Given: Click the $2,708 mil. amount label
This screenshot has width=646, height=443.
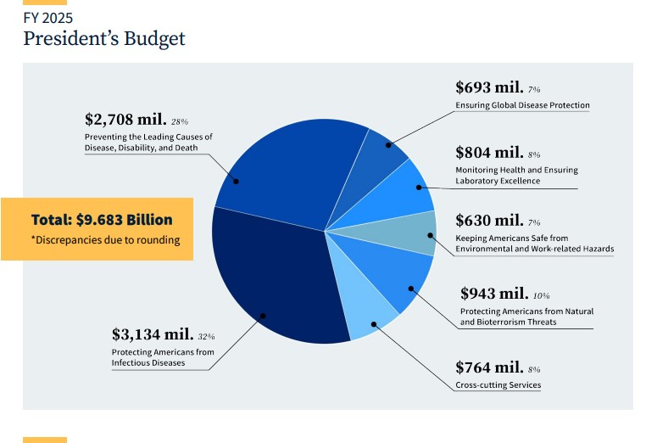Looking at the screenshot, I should click(x=125, y=120).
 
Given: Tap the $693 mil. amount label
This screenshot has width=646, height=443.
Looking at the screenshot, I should click(x=488, y=87).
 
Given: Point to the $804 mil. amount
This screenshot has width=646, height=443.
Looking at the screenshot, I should click(x=488, y=153).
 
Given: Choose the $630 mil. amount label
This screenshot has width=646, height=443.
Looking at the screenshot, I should click(x=488, y=220).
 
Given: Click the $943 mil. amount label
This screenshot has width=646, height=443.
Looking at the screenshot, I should click(x=493, y=294).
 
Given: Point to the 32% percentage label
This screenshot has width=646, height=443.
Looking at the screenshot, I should click(x=206, y=337).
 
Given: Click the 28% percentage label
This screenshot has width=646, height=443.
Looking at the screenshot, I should click(x=180, y=122).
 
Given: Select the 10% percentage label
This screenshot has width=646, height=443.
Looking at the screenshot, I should click(x=542, y=296).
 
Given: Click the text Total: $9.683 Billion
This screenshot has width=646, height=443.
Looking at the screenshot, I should click(x=102, y=219).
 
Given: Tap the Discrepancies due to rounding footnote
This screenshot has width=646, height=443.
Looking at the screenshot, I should click(x=105, y=240).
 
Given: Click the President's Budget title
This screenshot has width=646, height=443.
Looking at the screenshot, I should click(x=103, y=38).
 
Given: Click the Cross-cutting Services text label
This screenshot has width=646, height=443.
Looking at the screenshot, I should click(x=498, y=385).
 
